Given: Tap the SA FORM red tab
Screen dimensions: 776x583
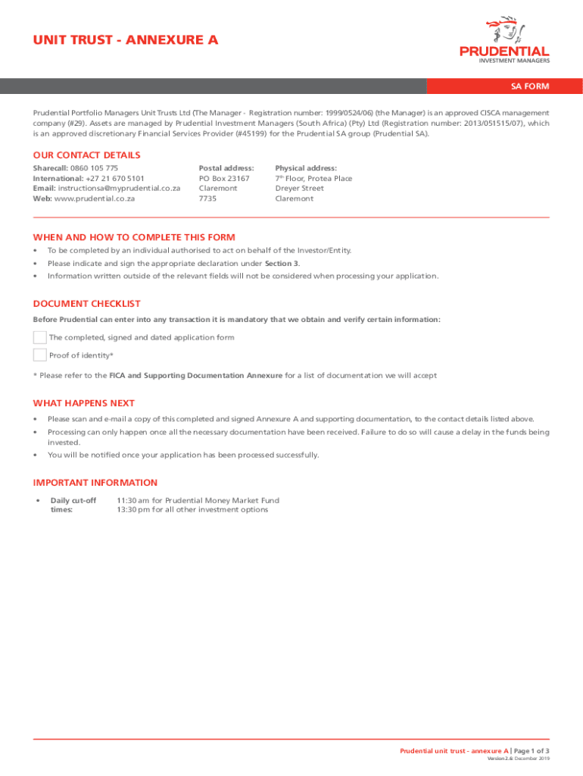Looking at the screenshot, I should [x=529, y=86].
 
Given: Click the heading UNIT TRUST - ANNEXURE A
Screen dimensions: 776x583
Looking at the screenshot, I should [x=126, y=40].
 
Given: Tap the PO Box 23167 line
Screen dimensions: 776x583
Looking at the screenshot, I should [x=224, y=179].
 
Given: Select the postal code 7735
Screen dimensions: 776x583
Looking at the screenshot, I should [x=207, y=199].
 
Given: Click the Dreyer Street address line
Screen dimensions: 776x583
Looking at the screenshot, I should [x=299, y=189].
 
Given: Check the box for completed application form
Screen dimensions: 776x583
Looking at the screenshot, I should [x=40, y=337].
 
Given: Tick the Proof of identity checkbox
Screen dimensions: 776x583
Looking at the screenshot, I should [x=40, y=355].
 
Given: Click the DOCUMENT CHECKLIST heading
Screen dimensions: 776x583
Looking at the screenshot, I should [x=86, y=304].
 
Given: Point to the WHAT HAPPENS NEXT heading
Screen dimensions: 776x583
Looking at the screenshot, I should [x=84, y=403].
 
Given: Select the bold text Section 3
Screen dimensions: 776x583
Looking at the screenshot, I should [x=282, y=263].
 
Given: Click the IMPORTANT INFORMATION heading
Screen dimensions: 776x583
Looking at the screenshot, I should [x=95, y=483].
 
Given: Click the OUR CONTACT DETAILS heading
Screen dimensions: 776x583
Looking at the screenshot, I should [x=86, y=155].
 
